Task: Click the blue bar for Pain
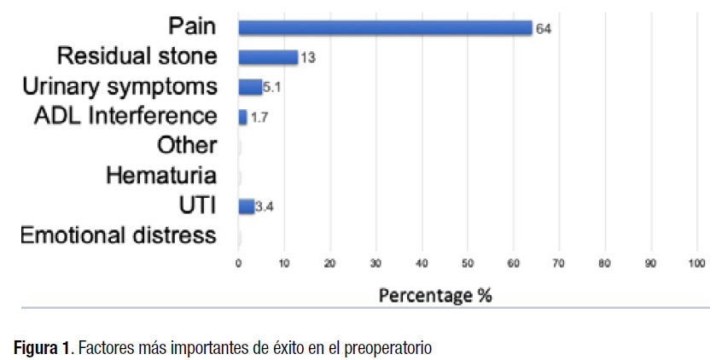385,28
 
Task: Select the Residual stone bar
268,58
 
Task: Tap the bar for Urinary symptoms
250,87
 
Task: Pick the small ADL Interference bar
242,117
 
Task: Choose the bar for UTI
247,206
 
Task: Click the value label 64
544,29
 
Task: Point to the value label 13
308,58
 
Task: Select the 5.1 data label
272,87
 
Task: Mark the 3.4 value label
265,206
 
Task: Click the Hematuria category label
161,176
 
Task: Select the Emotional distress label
118,235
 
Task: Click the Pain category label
192,27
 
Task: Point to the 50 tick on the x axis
468,264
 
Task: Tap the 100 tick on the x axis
696,264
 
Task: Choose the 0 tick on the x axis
239,264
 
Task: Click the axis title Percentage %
435,295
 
